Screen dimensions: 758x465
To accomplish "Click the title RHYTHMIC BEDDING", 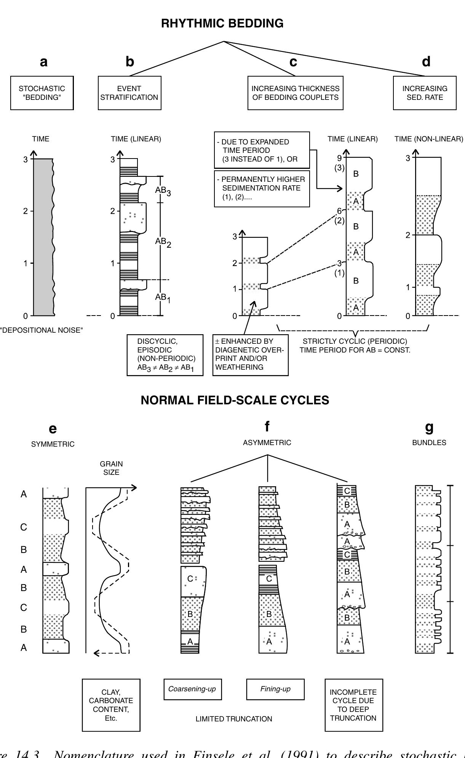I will (222, 24).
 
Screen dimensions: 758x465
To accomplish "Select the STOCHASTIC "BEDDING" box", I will (42, 93).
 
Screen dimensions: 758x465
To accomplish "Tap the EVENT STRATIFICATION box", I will (129, 93).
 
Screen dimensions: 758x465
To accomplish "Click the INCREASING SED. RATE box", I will (425, 93).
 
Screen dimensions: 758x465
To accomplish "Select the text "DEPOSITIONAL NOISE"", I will (42, 330).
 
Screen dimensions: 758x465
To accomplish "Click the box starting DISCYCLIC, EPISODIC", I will (165, 355).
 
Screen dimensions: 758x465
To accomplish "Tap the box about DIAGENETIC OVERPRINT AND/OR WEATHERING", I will (250, 355).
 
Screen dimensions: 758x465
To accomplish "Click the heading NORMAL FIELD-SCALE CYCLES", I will (235, 400).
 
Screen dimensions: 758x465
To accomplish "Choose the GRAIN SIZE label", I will (111, 468).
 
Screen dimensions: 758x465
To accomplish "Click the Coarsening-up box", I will (192, 689).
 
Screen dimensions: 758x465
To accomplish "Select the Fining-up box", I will (275, 689).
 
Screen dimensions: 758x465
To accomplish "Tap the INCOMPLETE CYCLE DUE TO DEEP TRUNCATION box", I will (353, 705).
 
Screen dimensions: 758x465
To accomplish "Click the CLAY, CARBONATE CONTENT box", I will (111, 705).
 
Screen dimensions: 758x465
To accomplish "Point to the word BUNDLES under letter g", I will (429, 442).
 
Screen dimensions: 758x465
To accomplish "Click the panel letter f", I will (267, 427).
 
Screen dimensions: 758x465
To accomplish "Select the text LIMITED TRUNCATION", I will (234, 719).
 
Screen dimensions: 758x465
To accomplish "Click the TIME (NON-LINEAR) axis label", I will (429, 139).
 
